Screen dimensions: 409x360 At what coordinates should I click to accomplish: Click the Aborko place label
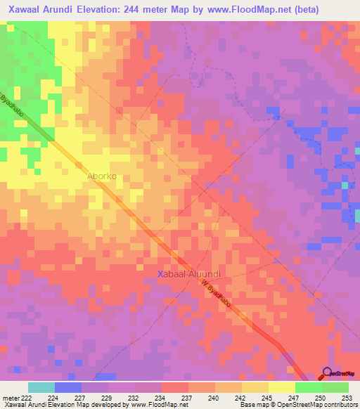[x=101, y=177]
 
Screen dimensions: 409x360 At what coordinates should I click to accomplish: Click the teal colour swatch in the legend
[x=41, y=387]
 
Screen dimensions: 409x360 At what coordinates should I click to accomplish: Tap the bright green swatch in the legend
[x=308, y=387]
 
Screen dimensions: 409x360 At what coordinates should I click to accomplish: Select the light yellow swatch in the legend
[x=281, y=387]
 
